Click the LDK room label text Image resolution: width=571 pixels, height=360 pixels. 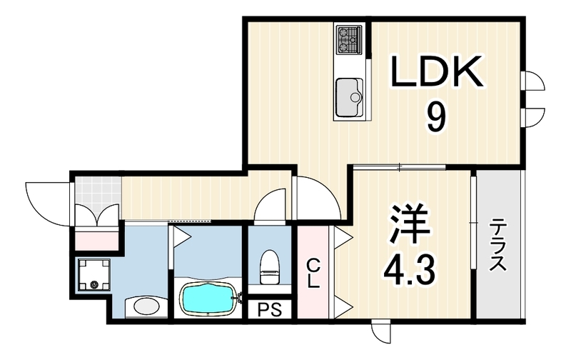(438, 71)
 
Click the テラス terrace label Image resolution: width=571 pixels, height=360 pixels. (497, 244)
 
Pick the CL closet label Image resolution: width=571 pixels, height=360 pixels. (313, 274)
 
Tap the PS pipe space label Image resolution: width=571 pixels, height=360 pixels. (270, 310)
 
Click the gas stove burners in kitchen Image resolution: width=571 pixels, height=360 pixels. (349, 39)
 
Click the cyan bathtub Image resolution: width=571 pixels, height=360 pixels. (208, 299)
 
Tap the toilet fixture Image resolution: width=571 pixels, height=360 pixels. (270, 266)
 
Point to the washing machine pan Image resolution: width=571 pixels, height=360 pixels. (94, 274)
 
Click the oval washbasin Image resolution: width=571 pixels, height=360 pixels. (146, 307)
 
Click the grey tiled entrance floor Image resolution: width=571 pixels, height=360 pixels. (98, 191)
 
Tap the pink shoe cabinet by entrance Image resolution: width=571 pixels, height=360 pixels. (97, 239)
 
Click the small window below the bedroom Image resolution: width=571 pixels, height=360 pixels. (381, 331)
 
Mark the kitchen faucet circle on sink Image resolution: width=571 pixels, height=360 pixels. (354, 97)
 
